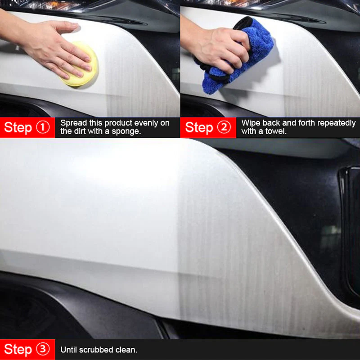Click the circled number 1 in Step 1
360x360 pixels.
coord(43,127)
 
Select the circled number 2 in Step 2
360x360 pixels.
coord(224,127)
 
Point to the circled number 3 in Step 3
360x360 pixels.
coord(43,349)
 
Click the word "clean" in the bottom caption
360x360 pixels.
coord(126,350)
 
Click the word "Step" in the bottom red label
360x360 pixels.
coord(18,350)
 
